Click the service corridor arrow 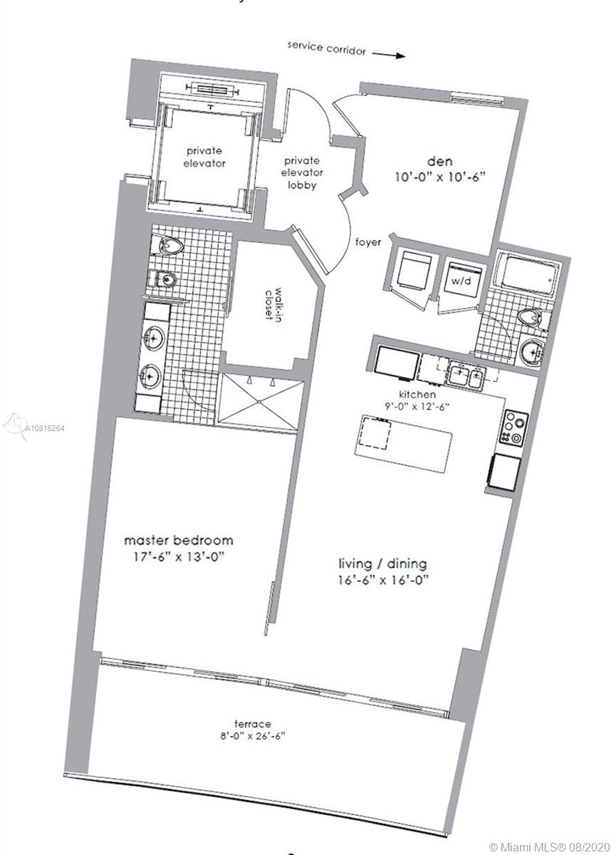[x=388, y=55]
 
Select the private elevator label [x=204, y=157]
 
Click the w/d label [x=461, y=281]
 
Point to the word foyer [x=368, y=242]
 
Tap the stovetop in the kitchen [x=513, y=428]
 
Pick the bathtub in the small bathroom [x=527, y=275]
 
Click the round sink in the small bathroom [x=532, y=350]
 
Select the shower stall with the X [x=260, y=402]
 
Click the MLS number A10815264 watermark [x=45, y=428]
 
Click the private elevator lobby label [x=302, y=173]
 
